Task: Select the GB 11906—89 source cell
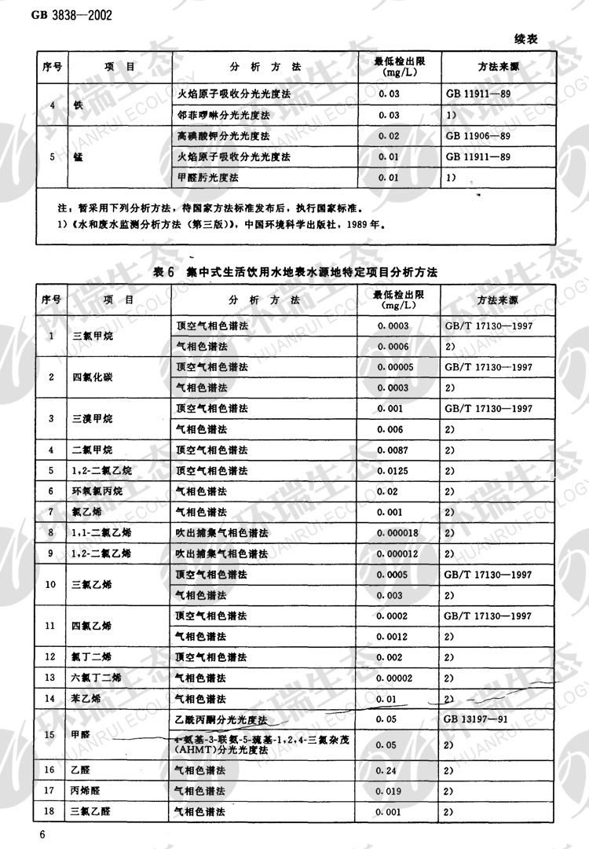[x=478, y=136]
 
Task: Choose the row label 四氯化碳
[x=93, y=377]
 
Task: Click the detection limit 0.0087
[x=393, y=450]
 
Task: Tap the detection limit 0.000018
[x=400, y=533]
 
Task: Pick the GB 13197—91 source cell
[x=478, y=719]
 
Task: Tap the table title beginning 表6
[x=294, y=271]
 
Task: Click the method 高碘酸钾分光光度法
[x=223, y=136]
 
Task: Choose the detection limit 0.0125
[x=393, y=471]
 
